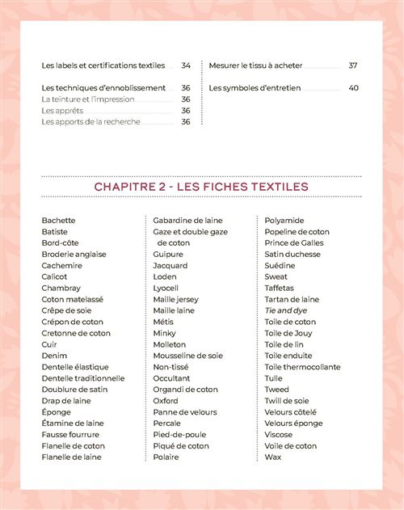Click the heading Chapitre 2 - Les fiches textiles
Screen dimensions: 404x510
point(201,187)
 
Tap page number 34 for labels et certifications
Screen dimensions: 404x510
point(186,65)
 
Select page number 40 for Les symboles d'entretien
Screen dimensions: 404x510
point(353,88)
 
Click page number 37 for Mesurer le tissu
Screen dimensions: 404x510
point(353,65)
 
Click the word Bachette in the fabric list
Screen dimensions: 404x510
point(58,221)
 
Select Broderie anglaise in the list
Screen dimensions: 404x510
point(74,255)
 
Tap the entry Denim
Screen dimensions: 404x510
point(54,356)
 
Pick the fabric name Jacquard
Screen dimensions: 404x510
point(170,266)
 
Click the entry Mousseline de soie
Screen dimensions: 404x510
point(187,356)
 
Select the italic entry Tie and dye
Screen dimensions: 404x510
point(286,310)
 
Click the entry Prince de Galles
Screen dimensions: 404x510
point(293,243)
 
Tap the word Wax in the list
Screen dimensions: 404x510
point(272,457)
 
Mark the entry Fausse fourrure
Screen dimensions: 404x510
point(71,435)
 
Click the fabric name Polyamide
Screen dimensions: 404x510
point(284,221)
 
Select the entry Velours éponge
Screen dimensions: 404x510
point(293,424)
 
